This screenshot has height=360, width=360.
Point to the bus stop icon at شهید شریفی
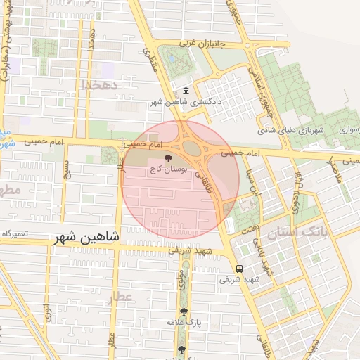tap(240, 269)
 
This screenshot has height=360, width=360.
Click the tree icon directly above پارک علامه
tap(184, 311)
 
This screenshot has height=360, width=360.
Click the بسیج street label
tap(67, 169)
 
